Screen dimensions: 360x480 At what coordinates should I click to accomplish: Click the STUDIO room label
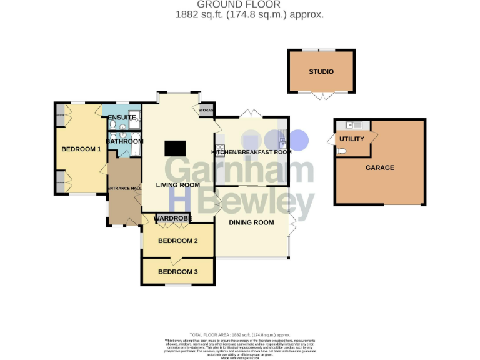tap(321, 72)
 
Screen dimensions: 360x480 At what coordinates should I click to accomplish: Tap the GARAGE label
tap(380, 167)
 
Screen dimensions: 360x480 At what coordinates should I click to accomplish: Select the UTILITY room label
tap(352, 139)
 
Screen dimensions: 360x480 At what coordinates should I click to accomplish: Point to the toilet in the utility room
tap(341, 151)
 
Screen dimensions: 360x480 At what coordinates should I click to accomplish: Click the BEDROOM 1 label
tap(81, 149)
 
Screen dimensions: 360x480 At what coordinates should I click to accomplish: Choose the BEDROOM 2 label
tap(177, 241)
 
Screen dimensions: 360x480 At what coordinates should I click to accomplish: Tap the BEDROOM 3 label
tap(177, 272)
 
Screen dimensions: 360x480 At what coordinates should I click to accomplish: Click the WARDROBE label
tap(172, 218)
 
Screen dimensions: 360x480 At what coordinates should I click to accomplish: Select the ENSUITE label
tap(122, 117)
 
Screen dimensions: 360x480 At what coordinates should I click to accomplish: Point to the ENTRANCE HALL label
tap(124, 188)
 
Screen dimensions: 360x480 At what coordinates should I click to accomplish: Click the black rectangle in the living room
tap(175, 148)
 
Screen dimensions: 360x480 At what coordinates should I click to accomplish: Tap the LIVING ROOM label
tap(178, 185)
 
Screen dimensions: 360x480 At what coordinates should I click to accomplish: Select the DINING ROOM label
tap(251, 222)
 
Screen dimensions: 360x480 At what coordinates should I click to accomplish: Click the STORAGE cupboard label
tap(206, 111)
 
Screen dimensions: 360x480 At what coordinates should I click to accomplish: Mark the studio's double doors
tap(321, 96)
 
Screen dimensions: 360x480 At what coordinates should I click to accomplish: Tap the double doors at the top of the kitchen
tap(251, 113)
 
